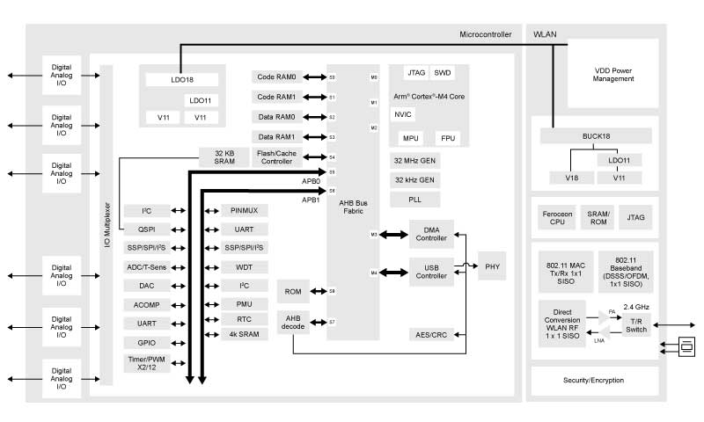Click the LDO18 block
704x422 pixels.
[182, 80]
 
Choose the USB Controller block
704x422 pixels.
[432, 272]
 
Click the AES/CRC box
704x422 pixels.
[432, 334]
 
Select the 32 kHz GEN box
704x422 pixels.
[414, 179]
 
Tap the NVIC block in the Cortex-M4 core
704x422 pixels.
[403, 114]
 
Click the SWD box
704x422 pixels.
[444, 72]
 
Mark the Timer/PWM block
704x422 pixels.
[147, 364]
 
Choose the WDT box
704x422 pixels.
[244, 266]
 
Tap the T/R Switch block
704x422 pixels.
[635, 325]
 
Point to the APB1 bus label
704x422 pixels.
[311, 200]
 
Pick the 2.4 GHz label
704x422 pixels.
[636, 307]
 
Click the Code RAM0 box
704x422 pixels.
[278, 77]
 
